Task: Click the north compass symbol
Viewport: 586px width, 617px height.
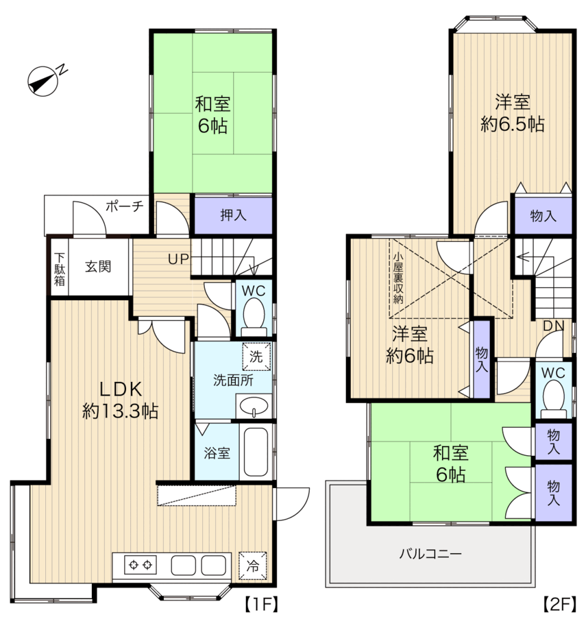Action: [x=43, y=81]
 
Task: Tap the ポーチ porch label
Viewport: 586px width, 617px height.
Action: [x=124, y=206]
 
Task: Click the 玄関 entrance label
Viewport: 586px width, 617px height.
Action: [x=98, y=267]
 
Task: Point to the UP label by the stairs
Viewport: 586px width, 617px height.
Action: [x=179, y=259]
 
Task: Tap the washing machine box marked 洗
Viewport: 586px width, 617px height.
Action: [x=256, y=356]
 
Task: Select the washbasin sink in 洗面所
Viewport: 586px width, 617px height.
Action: [x=254, y=406]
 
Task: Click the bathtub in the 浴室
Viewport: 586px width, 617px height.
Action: [x=256, y=452]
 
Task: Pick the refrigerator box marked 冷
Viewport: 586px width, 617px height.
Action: [x=253, y=566]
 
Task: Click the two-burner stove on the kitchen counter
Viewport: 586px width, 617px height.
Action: [x=141, y=565]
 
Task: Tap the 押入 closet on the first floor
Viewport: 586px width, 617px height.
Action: [x=233, y=215]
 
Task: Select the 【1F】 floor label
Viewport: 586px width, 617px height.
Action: [x=261, y=604]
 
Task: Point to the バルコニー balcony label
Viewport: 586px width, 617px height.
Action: [x=430, y=555]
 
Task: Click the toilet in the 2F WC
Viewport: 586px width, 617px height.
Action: [x=553, y=398]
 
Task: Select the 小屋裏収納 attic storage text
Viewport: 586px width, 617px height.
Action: [x=398, y=278]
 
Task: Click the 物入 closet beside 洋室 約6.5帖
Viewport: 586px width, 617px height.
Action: [x=543, y=216]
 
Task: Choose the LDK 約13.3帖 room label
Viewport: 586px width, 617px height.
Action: [x=121, y=400]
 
